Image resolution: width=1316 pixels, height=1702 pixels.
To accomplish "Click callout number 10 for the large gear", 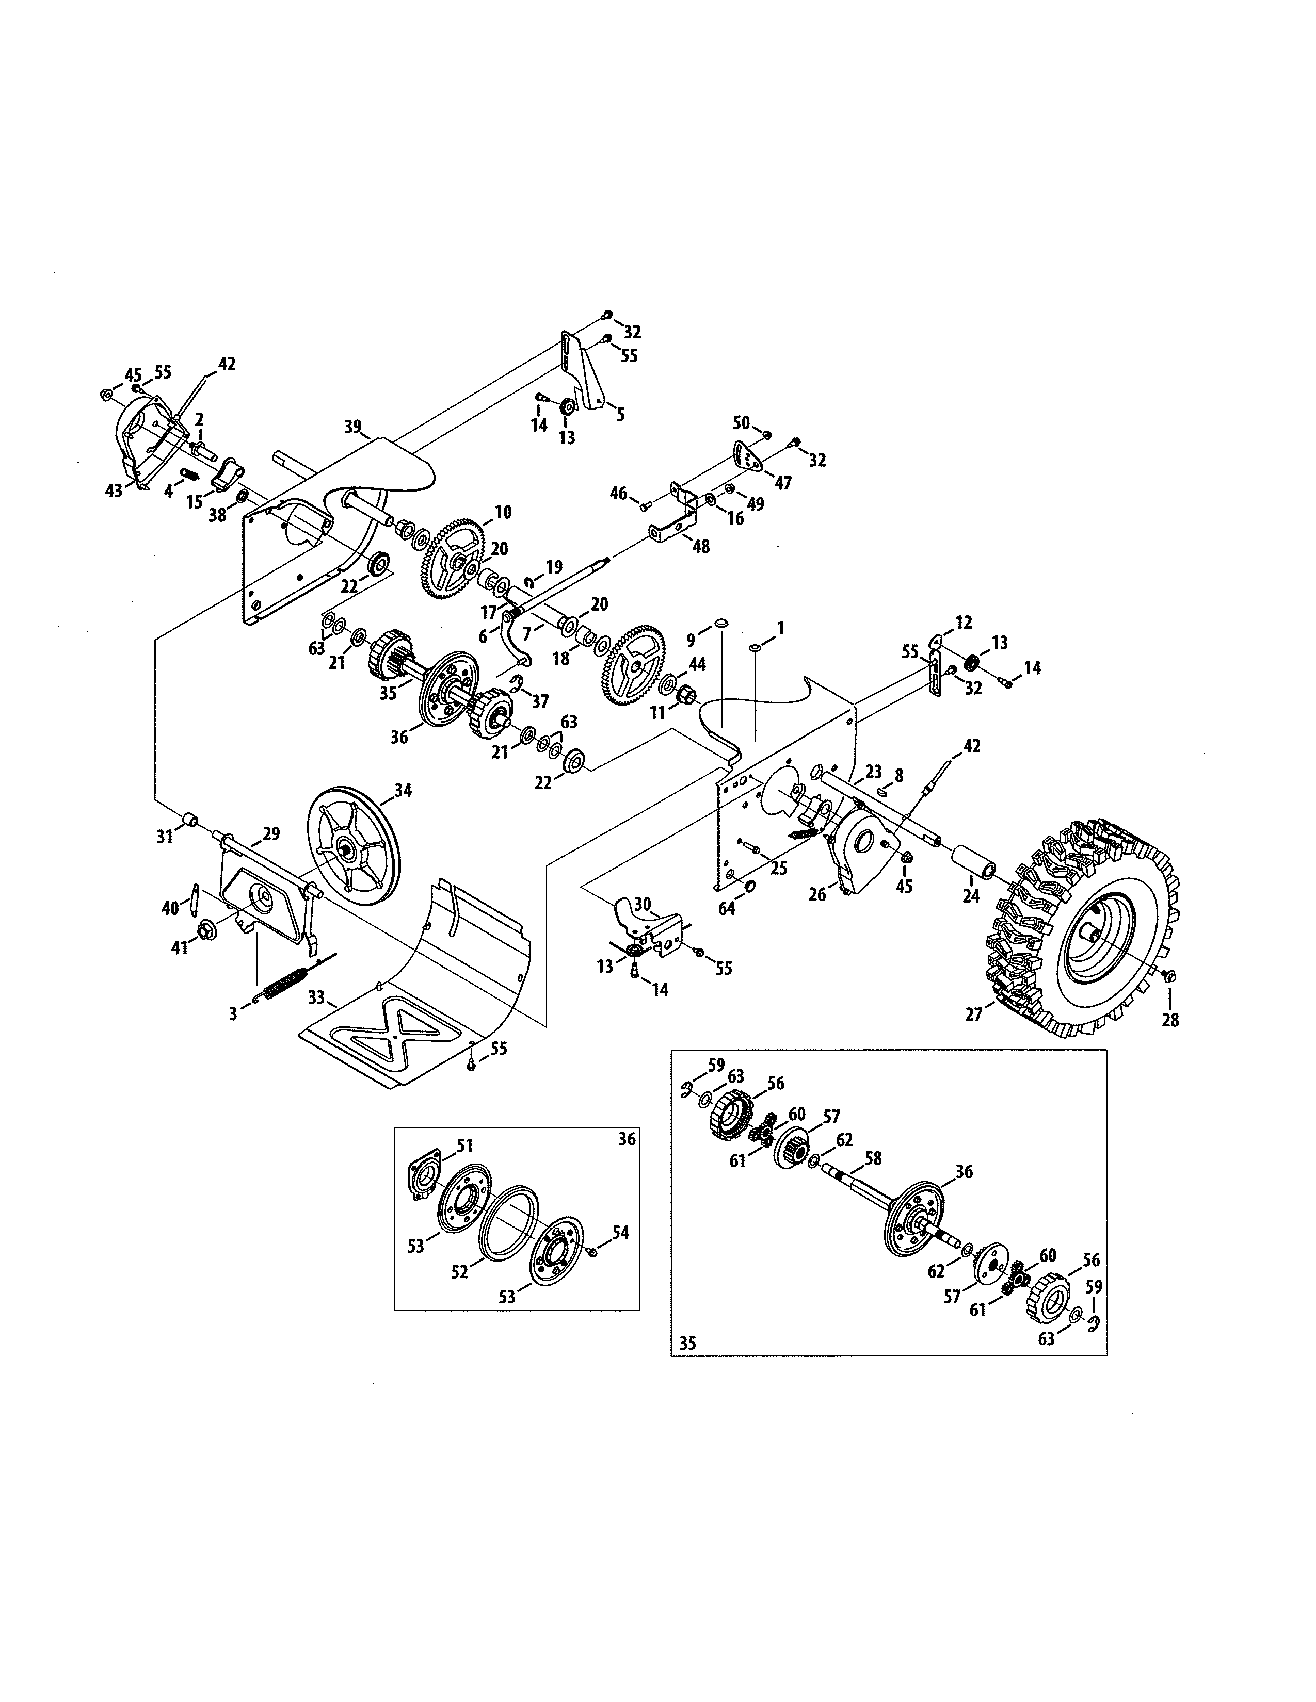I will (x=503, y=512).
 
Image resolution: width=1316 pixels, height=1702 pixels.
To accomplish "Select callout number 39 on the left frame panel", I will (x=353, y=427).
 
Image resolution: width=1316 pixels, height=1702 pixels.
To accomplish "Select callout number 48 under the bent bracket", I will (x=701, y=546).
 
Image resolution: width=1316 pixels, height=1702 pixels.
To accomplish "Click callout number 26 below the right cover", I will (x=817, y=895).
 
